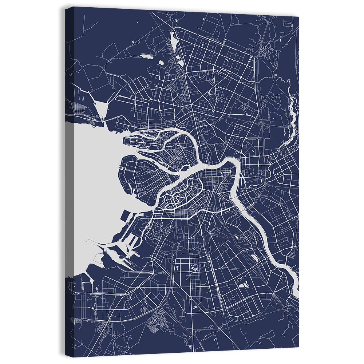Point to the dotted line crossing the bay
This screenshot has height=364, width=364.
click(91, 241)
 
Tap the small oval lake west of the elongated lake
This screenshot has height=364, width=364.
click(147, 56)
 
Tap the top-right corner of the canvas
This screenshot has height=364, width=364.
click(298, 17)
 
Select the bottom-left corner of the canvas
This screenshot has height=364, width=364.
click(66, 356)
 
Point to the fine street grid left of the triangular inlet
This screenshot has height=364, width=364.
click(79, 108)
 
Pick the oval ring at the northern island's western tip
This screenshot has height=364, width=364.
click(129, 140)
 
